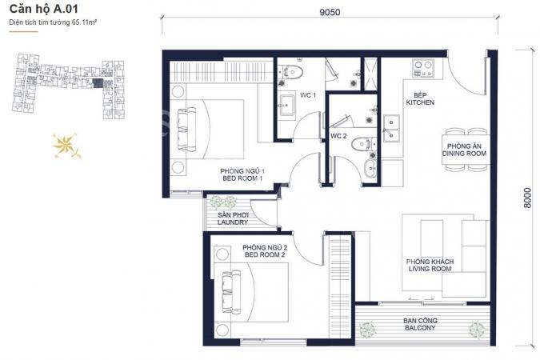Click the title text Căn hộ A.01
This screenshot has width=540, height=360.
pyautogui.click(x=44, y=9)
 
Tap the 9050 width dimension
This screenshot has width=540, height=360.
pyautogui.click(x=330, y=13)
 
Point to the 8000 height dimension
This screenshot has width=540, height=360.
pyautogui.click(x=527, y=198)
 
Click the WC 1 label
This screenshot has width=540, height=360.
pyautogui.click(x=307, y=95)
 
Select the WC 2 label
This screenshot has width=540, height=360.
pyautogui.click(x=338, y=136)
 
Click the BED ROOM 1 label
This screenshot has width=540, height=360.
pyautogui.click(x=242, y=178)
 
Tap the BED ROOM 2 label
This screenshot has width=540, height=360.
pyautogui.click(x=265, y=255)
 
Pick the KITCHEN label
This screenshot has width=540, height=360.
pyautogui.click(x=420, y=102)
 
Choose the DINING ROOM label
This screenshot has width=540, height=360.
pyautogui.click(x=464, y=154)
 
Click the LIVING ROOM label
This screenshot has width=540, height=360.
pyautogui.click(x=430, y=269)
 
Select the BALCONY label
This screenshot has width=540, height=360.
pyautogui.click(x=420, y=328)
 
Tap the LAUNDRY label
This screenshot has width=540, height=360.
pyautogui.click(x=233, y=222)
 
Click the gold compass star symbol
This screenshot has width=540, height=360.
pyautogui.click(x=66, y=146)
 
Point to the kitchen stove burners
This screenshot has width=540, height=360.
pyautogui.click(x=423, y=68)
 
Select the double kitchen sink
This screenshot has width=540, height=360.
pyautogui.click(x=391, y=128)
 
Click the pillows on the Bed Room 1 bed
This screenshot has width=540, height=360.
pyautogui.click(x=187, y=129)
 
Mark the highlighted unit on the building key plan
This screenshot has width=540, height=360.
pyautogui.click(x=98, y=84)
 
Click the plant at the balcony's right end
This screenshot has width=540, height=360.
pyautogui.click(x=478, y=330)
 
